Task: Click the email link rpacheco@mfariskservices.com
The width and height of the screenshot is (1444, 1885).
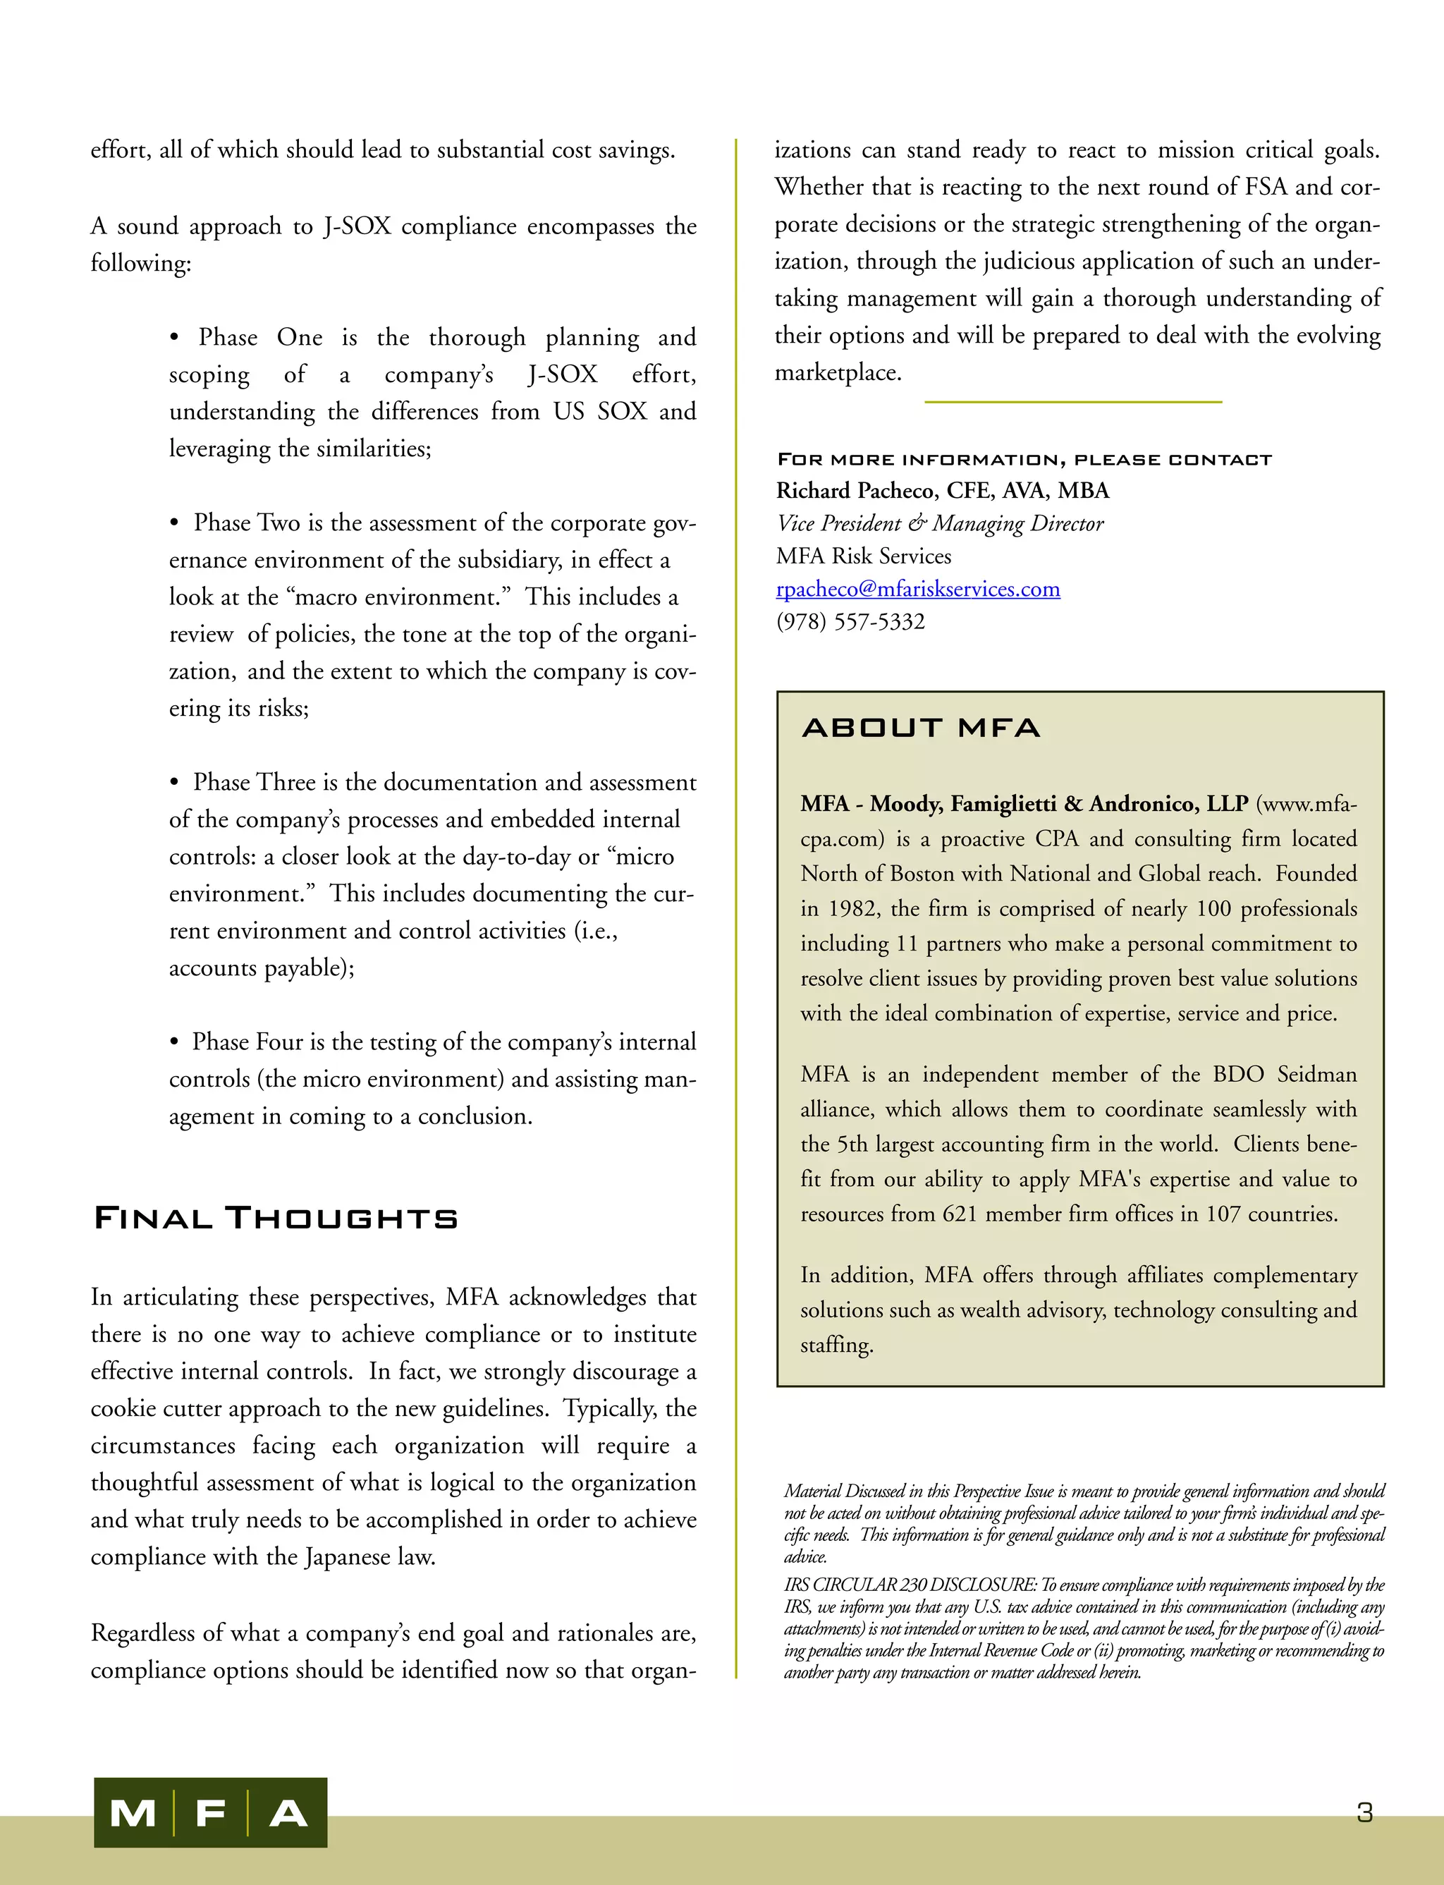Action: tap(917, 589)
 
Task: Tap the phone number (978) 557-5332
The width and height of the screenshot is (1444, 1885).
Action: tap(850, 621)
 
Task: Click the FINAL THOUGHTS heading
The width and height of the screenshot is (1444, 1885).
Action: tap(276, 1218)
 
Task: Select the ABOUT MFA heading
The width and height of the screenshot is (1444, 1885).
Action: tap(921, 728)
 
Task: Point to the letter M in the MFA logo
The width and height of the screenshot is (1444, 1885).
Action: tap(133, 1814)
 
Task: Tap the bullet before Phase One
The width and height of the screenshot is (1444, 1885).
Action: tap(174, 338)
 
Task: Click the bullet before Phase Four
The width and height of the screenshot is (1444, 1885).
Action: tap(174, 1042)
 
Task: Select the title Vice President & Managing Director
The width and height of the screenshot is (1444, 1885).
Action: tap(939, 523)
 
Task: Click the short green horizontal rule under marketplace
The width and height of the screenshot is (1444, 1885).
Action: tap(1072, 401)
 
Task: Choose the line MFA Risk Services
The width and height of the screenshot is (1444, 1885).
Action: tap(863, 556)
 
